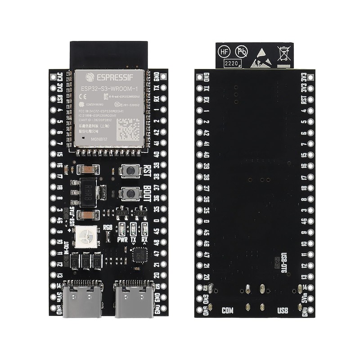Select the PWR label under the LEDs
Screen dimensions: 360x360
coord(122,240)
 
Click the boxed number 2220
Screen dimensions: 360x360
coord(232,63)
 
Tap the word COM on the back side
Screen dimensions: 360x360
coord(229,310)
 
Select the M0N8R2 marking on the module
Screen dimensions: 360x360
coord(99,140)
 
